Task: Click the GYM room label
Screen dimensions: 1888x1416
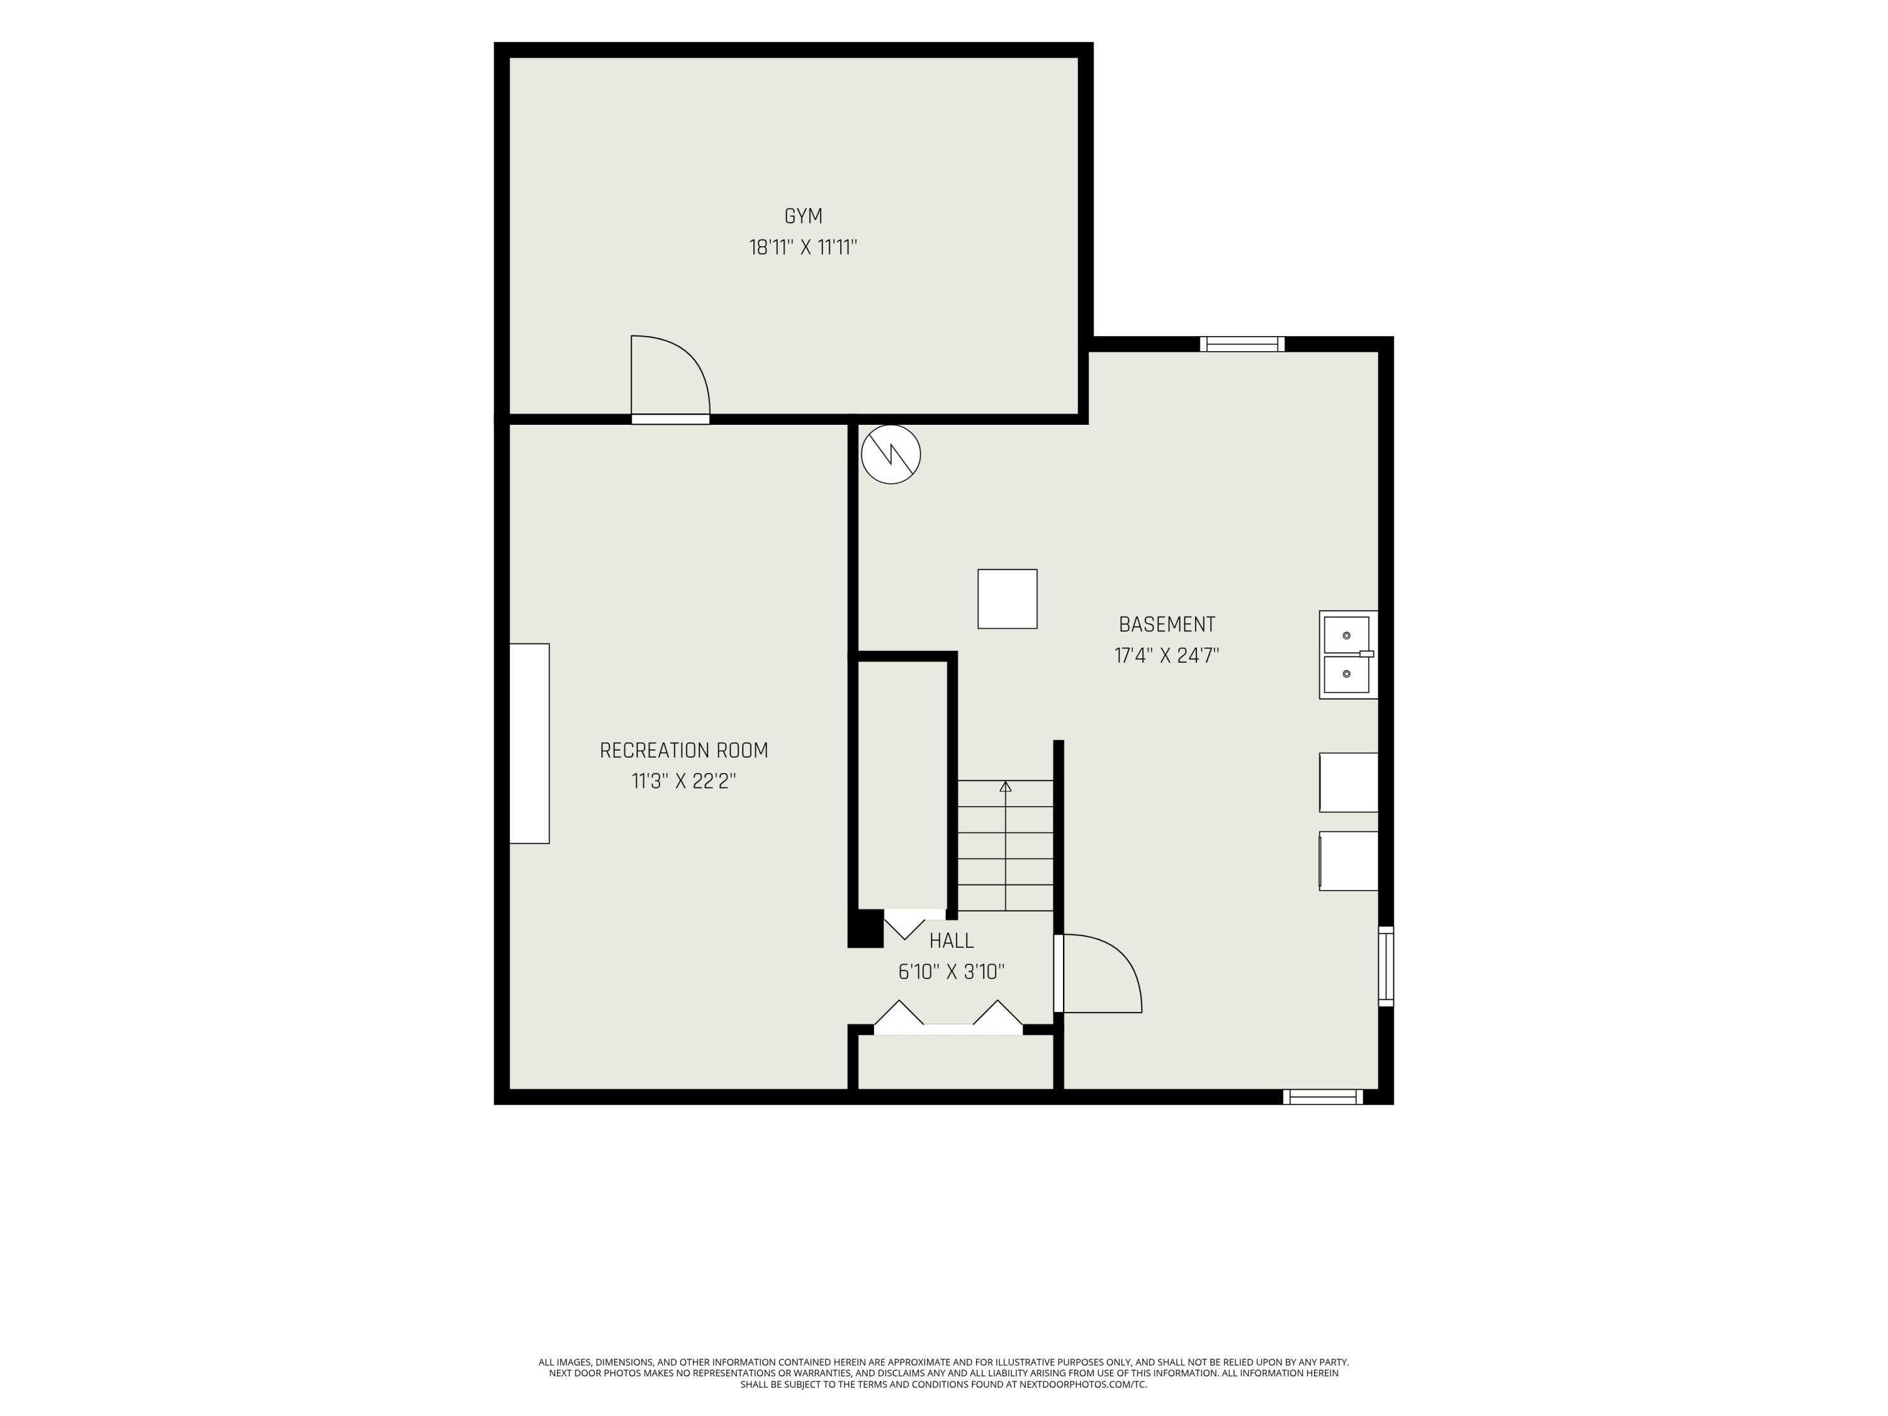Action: tap(803, 216)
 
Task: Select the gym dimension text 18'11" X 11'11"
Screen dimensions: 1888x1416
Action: tap(803, 247)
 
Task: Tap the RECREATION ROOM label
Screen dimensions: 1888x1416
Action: tap(683, 750)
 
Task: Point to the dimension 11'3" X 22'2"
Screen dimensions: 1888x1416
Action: tap(683, 781)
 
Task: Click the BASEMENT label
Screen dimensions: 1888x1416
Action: tap(1167, 624)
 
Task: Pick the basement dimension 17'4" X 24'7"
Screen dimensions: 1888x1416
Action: tap(1167, 656)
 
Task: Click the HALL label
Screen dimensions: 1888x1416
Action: tap(951, 941)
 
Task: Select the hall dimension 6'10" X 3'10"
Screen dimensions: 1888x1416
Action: tap(951, 971)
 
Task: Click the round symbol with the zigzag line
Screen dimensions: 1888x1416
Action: tap(891, 455)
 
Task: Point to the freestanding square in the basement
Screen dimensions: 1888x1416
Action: tap(1007, 599)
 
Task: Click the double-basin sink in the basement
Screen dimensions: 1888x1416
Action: tap(1348, 655)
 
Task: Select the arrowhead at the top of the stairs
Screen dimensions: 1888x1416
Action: tap(1006, 786)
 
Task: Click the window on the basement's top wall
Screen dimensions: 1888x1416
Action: tap(1242, 344)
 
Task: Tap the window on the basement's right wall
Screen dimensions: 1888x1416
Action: tap(1386, 966)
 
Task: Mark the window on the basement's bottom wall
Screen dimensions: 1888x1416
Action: tap(1323, 1097)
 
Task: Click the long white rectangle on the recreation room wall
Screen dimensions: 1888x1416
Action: tap(529, 743)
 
